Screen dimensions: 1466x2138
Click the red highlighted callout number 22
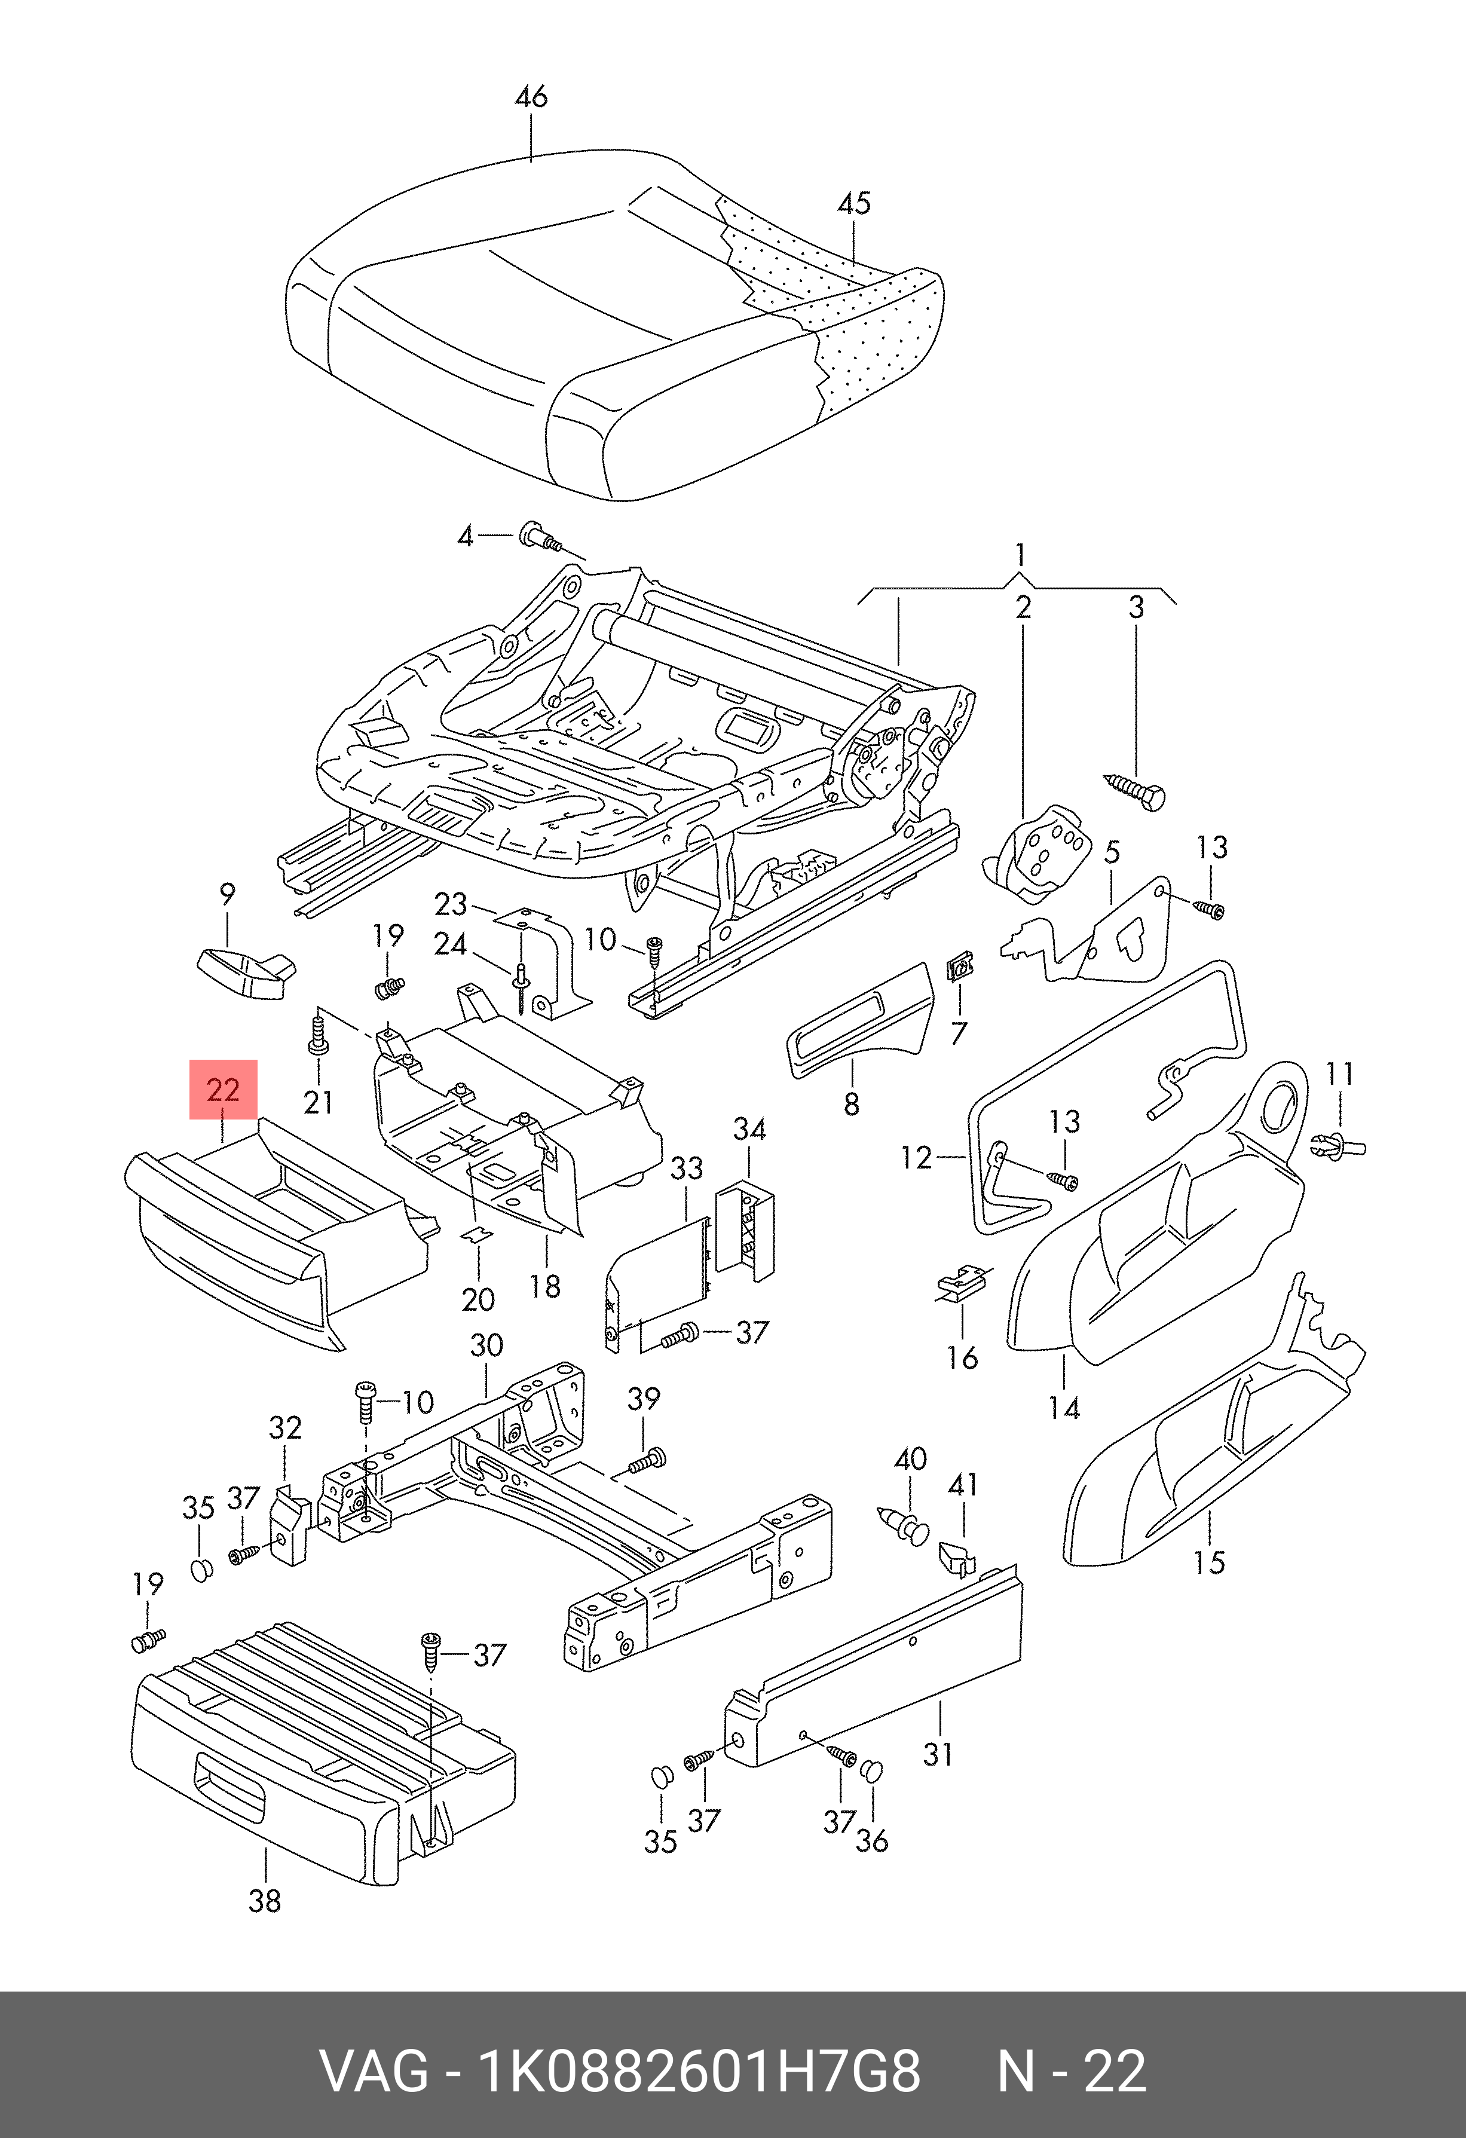click(x=224, y=1090)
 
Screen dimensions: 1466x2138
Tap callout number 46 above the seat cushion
click(x=531, y=97)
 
